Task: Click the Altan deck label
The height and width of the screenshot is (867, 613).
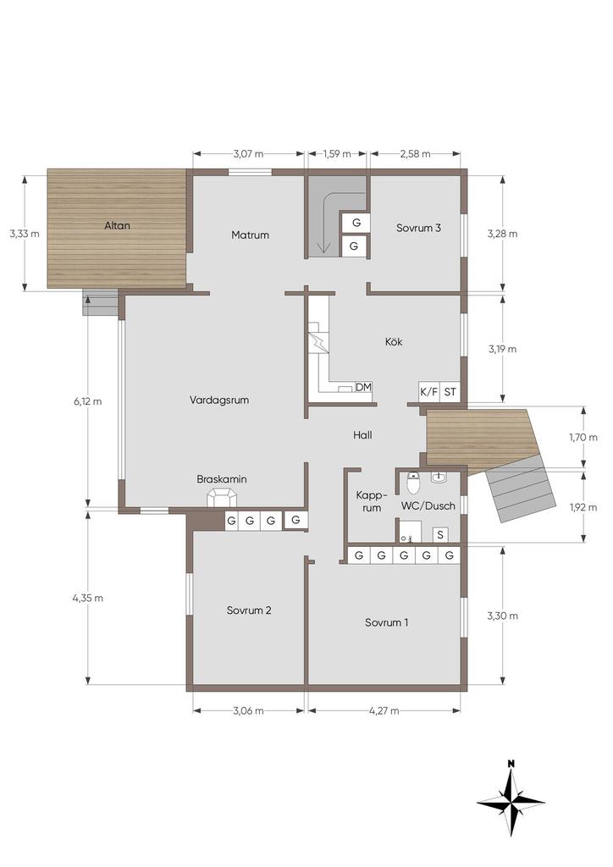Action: [117, 225]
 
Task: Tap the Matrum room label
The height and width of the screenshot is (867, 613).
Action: [250, 235]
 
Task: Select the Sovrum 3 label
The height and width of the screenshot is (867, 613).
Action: [418, 228]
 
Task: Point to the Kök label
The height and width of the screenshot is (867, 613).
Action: [394, 342]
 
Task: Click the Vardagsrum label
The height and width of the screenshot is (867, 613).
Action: [219, 400]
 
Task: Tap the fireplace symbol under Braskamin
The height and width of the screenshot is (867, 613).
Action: [222, 497]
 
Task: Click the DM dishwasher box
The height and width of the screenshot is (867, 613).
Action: [363, 387]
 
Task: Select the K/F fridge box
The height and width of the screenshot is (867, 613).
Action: [429, 392]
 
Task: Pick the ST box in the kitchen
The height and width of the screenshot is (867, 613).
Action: [450, 392]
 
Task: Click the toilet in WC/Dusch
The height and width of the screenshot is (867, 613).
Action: [413, 483]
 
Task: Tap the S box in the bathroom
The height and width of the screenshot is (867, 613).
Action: [440, 535]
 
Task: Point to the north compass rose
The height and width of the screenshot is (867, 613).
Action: [511, 799]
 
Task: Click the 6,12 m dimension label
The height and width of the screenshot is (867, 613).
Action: [88, 401]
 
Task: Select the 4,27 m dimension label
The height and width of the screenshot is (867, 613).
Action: [384, 710]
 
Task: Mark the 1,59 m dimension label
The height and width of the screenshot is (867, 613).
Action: [337, 154]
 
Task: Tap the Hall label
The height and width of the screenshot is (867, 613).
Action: [362, 435]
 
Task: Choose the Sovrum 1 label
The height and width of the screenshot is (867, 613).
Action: [386, 622]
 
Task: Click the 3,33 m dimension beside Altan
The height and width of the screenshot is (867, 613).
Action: [25, 234]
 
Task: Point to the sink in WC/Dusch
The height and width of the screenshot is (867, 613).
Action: [439, 478]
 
